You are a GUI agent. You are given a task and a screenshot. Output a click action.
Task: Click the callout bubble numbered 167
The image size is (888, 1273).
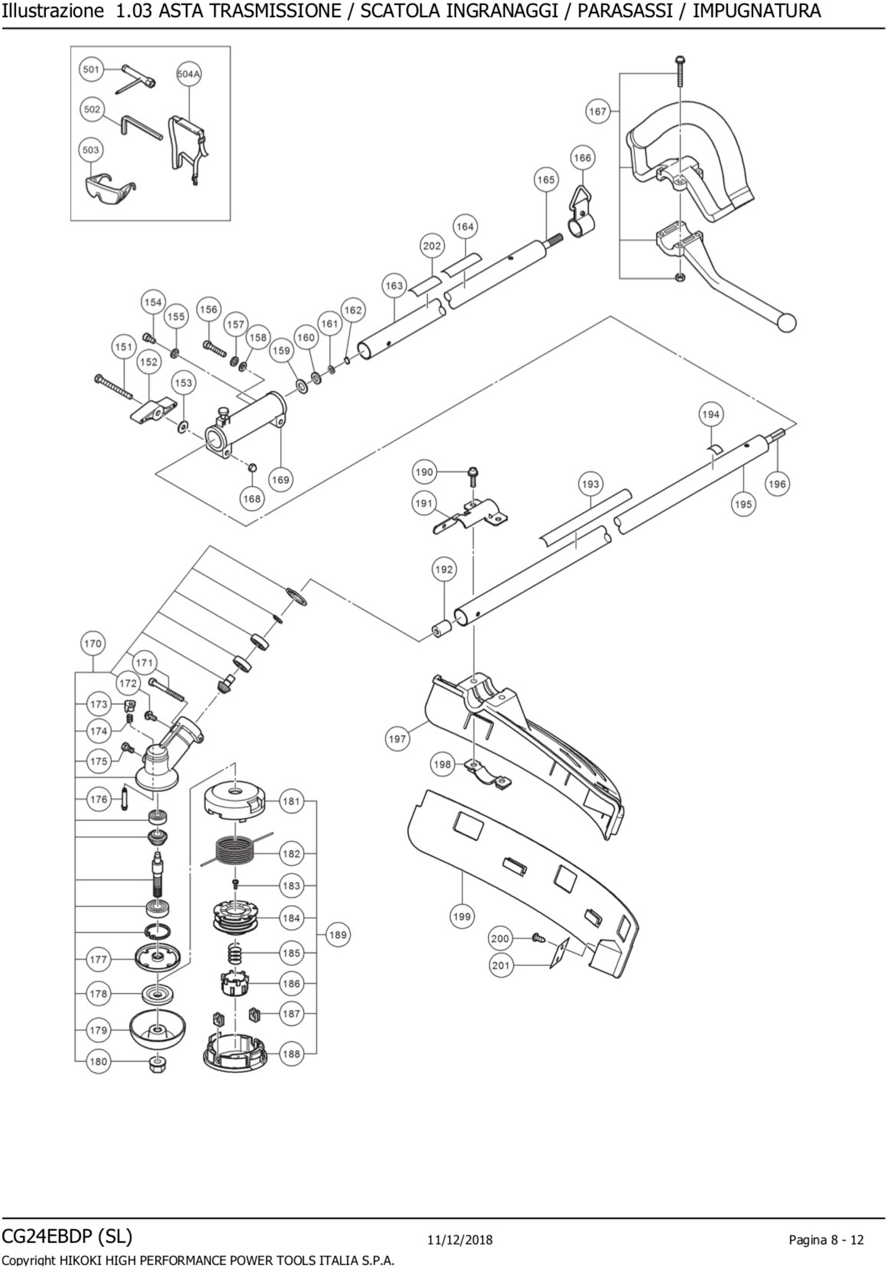click(597, 111)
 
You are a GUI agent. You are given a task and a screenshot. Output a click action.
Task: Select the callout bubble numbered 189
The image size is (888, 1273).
click(338, 935)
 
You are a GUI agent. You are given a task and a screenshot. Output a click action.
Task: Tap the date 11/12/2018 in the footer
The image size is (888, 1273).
click(460, 1240)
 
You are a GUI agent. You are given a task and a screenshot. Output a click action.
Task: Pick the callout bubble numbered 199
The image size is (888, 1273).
click(461, 916)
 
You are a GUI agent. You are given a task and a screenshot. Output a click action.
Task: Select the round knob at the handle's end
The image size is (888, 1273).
click(787, 323)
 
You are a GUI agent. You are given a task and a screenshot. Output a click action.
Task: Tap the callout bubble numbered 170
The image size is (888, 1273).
click(93, 644)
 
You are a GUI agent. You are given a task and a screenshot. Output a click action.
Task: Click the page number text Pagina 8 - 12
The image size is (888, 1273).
click(826, 1240)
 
